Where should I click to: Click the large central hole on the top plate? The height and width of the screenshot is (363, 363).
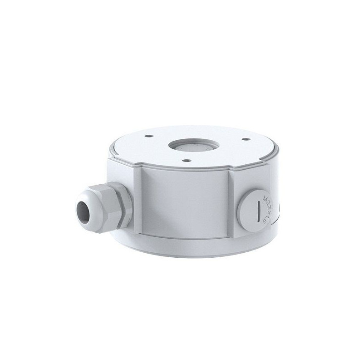click(194, 145)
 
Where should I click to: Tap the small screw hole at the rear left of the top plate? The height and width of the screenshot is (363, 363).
click(146, 136)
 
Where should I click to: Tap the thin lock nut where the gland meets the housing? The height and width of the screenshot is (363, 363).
click(126, 204)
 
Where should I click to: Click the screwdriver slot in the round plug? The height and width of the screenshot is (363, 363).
click(259, 210)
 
